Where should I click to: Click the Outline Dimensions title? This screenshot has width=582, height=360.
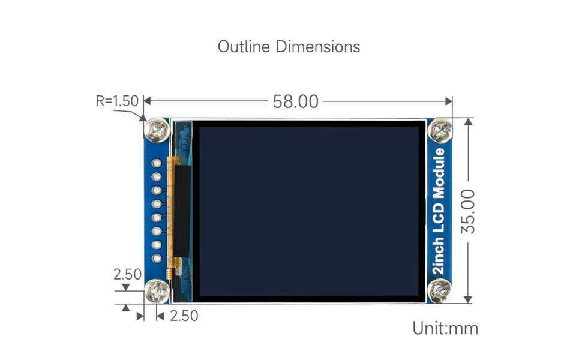click(x=289, y=47)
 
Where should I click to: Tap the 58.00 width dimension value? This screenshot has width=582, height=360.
click(x=296, y=101)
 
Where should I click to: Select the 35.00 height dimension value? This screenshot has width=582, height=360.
click(x=468, y=211)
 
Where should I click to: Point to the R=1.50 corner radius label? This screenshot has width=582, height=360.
click(x=117, y=101)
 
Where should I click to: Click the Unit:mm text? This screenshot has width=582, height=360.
click(x=445, y=328)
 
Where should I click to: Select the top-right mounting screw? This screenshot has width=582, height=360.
click(x=440, y=130)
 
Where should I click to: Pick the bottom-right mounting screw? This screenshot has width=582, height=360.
click(x=440, y=293)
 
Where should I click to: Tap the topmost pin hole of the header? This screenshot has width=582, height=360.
click(x=157, y=163)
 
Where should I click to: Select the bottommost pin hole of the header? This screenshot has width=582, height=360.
click(x=157, y=259)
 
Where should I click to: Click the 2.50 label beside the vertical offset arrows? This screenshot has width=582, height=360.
click(x=128, y=274)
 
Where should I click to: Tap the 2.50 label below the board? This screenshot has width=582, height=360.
click(x=184, y=316)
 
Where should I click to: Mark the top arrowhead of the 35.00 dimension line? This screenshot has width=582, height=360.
click(x=469, y=121)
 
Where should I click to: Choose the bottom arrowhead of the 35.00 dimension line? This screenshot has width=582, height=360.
click(x=469, y=300)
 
